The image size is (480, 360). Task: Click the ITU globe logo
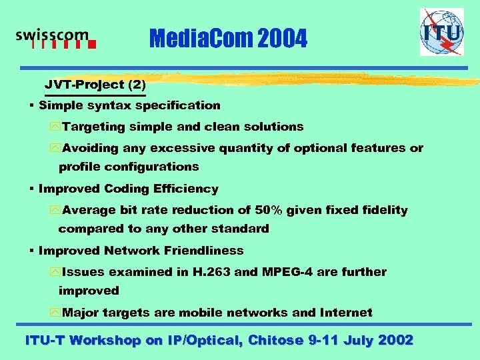441,31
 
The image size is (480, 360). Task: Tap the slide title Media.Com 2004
229,40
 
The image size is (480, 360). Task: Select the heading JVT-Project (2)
95,85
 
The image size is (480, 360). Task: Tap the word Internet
346,313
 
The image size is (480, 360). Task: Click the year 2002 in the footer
395,340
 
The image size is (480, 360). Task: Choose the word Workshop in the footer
105,340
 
